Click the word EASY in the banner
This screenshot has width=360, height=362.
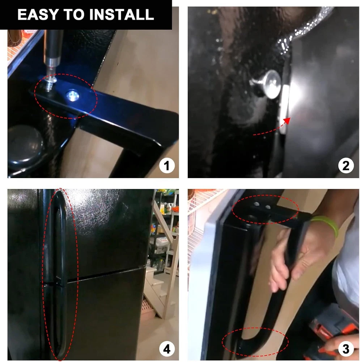[x=38, y=14]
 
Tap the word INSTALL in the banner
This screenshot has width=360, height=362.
[x=122, y=14]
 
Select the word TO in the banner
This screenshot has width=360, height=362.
[x=74, y=14]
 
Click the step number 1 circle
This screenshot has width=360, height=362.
[x=167, y=166]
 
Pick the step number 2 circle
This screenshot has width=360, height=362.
[x=346, y=166]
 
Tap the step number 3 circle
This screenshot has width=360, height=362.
[x=346, y=349]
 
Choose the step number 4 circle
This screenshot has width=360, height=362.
[x=167, y=349]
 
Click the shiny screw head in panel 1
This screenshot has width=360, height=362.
[x=73, y=96]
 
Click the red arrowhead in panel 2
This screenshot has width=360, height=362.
[x=287, y=121]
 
